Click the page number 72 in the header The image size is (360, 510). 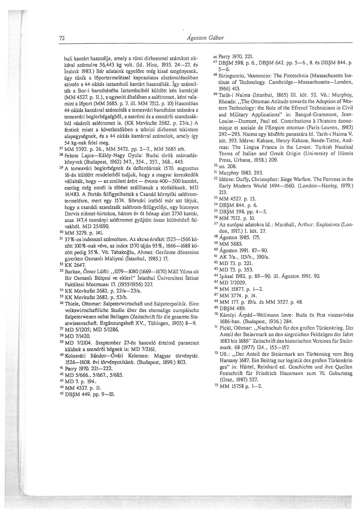tap(62, 38)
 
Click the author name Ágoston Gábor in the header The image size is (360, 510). tap(206, 38)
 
